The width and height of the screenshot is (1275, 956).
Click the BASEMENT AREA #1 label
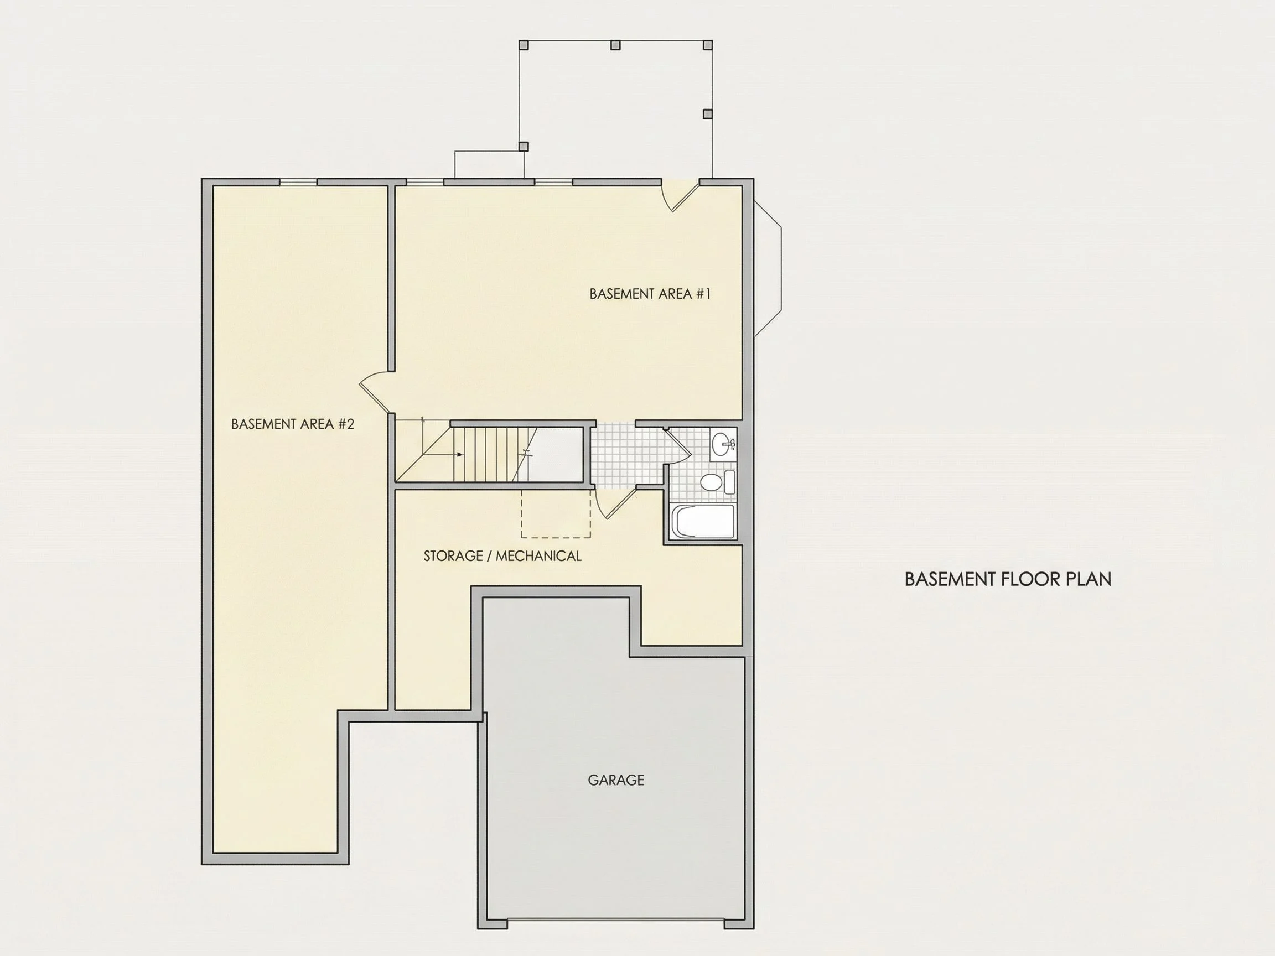650,294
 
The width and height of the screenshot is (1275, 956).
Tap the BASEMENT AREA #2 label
292,424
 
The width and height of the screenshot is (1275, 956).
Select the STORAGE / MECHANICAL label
502,556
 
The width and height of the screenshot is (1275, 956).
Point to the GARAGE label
615,780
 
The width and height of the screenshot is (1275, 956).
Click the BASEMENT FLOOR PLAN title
1008,579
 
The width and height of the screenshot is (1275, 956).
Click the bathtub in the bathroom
703,522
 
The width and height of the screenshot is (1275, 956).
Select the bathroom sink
723,444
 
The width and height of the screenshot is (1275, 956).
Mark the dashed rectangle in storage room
556,513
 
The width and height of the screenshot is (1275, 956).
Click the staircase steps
495,454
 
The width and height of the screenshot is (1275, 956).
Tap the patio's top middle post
615,44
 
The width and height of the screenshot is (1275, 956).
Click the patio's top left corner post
524,44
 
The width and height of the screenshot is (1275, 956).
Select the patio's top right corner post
708,44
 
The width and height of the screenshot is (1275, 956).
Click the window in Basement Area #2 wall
298,183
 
